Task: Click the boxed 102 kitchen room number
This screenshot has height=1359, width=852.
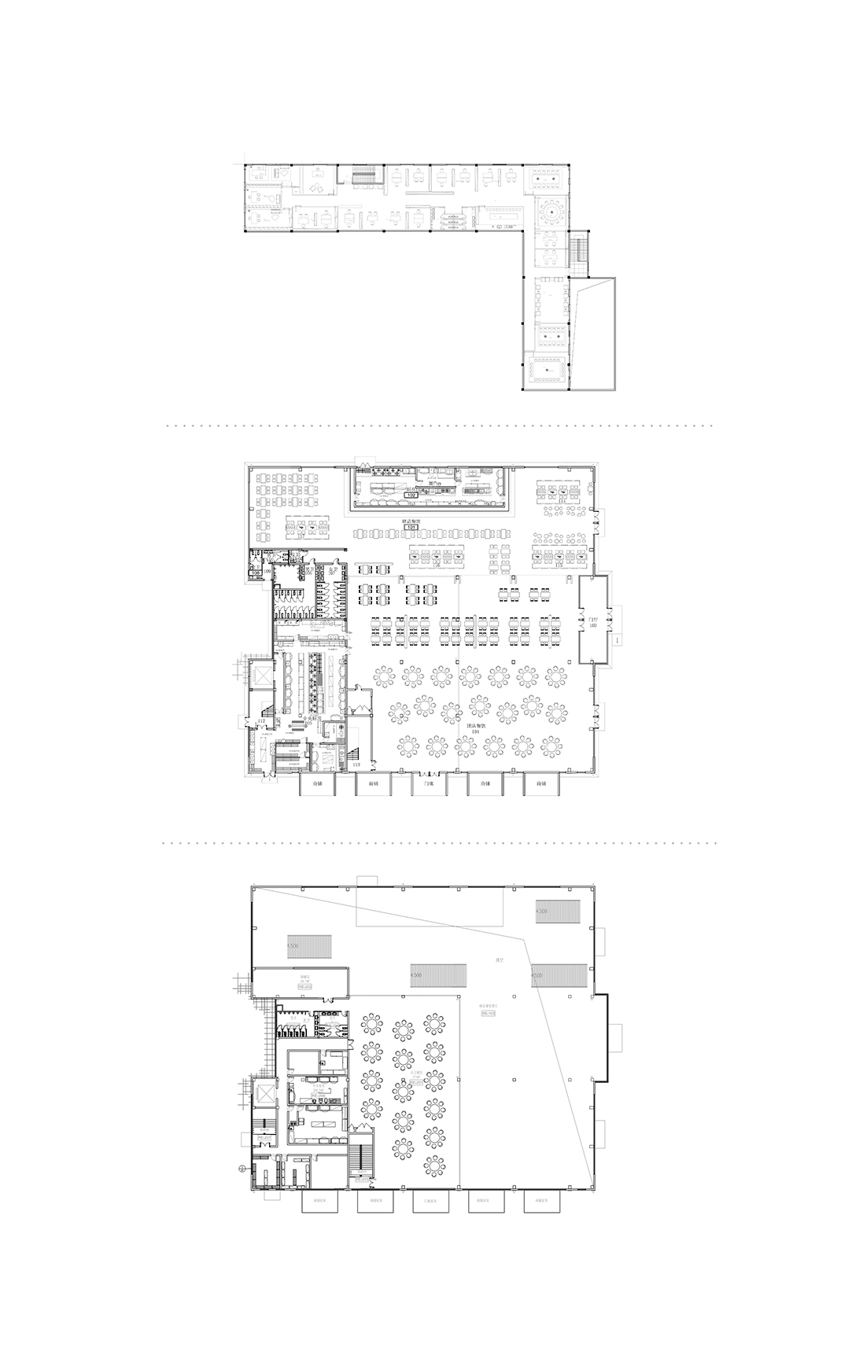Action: (x=411, y=496)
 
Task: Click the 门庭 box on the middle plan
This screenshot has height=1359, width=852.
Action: (x=430, y=784)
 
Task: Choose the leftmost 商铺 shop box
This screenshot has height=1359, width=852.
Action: (x=318, y=784)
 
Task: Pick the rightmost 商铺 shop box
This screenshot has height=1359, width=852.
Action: (x=541, y=784)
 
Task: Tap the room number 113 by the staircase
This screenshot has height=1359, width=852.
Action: (x=356, y=764)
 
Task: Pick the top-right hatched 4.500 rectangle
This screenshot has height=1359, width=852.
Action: (x=559, y=912)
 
